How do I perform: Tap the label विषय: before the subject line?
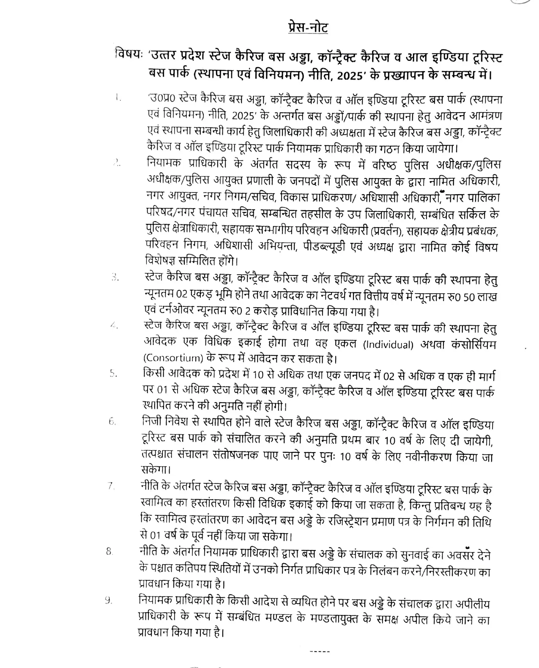coord(130,56)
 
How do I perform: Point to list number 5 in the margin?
coord(112,374)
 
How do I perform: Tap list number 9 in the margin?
coord(109,601)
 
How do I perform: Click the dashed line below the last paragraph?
coord(320,652)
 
